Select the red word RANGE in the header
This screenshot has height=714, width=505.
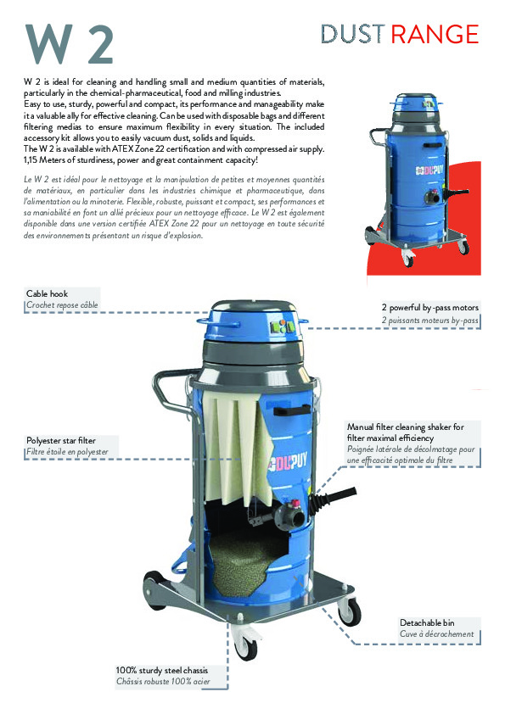tap(434, 34)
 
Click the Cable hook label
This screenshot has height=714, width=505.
tap(48, 293)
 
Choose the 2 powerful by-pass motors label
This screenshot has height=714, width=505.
tap(429, 307)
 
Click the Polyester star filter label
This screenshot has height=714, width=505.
tap(61, 441)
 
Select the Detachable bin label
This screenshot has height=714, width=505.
tap(427, 622)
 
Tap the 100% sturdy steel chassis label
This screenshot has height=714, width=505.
tap(161, 670)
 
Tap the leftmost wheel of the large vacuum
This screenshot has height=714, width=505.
tap(154, 587)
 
